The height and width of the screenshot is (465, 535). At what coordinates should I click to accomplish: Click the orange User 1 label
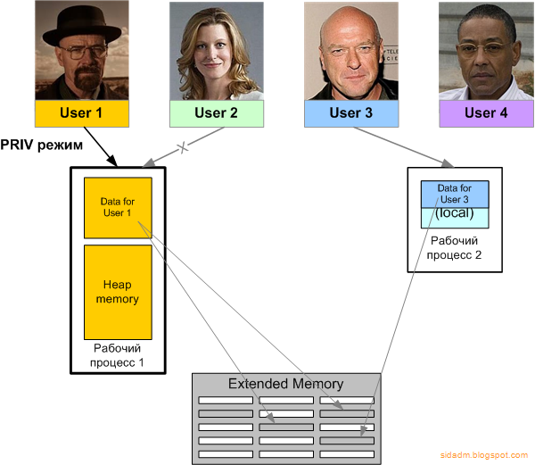(81, 113)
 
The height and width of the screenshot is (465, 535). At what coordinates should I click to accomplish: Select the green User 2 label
(216, 113)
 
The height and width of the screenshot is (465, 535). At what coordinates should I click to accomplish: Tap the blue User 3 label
(350, 113)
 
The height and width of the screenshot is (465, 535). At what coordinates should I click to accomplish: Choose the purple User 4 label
(485, 113)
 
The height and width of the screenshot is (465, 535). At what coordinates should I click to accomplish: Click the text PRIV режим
(42, 145)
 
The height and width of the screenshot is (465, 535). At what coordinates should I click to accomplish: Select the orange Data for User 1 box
(117, 207)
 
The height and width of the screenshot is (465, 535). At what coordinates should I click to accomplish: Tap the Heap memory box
(117, 291)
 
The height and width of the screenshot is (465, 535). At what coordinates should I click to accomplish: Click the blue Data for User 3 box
(455, 193)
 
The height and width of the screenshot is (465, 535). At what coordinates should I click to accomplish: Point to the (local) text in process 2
(455, 214)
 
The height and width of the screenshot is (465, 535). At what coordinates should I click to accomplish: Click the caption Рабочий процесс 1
(117, 354)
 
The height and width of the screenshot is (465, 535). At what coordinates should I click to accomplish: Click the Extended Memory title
(285, 384)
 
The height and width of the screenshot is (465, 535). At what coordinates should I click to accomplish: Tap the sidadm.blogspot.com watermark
(484, 456)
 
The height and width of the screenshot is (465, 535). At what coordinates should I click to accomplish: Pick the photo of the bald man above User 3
(350, 50)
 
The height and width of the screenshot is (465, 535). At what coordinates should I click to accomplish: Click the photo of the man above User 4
(485, 50)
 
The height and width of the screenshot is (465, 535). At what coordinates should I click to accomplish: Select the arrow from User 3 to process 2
(401, 145)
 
